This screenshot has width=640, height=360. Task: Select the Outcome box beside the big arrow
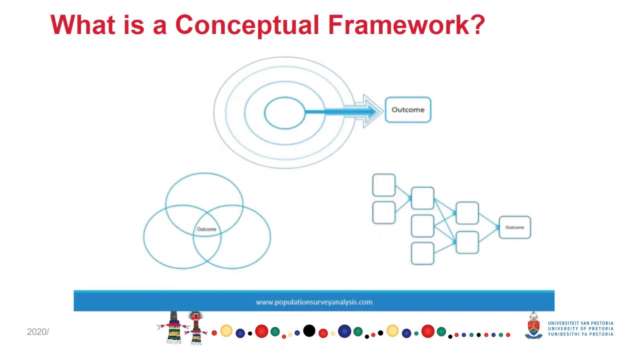point(407,110)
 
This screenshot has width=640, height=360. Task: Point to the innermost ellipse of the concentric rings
point(284,113)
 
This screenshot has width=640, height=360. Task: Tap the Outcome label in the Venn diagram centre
point(206,229)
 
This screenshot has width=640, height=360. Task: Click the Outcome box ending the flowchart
point(514,227)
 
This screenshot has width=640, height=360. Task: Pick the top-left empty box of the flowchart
point(384,185)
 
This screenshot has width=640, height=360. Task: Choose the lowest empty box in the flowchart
point(422,253)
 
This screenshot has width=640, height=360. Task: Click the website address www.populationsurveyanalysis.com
point(314,302)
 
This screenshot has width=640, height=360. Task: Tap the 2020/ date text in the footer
point(37,332)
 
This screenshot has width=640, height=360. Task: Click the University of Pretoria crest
point(533,326)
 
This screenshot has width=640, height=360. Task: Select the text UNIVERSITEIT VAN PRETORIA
point(580,323)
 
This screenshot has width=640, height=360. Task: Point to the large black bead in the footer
point(309,330)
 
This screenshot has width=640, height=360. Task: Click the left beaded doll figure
point(174,328)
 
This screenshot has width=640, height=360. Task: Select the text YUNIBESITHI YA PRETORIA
point(580,334)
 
